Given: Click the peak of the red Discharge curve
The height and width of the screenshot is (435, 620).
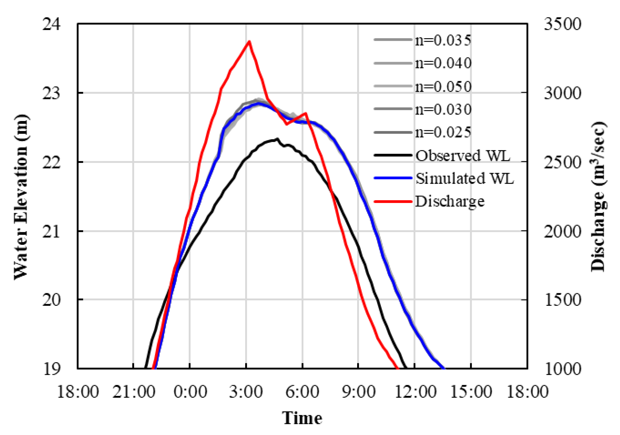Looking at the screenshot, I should pos(249,42).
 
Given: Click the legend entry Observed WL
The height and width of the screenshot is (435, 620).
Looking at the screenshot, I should pos(462,156).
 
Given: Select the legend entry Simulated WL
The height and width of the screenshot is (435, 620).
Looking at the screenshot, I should pos(464,178).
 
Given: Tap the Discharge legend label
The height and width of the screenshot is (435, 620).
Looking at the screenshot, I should pos(449,201).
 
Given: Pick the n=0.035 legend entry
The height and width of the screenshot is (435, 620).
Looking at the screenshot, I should pos(443,40).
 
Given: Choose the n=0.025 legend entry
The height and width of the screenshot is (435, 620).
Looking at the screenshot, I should pos(443,132).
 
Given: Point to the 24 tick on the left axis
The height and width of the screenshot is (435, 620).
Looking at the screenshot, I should pos(51,24).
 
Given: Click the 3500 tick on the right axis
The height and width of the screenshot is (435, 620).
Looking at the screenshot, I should pos(562,24).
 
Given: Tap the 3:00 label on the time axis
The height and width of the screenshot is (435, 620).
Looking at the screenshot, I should pos(246,392).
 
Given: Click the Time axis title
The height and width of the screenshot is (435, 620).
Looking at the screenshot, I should pos(302,418).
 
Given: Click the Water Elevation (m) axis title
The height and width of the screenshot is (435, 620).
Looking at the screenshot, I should pos(21,197).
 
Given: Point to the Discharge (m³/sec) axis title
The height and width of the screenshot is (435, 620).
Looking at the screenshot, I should pos(598,197).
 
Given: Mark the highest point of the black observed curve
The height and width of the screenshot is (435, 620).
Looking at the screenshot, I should pos(277,139).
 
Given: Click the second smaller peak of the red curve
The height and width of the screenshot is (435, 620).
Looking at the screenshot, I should pos(305,114).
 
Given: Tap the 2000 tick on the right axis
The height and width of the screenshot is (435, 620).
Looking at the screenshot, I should pos(562,232).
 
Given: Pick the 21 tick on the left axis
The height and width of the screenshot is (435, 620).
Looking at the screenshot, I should pos(51,232).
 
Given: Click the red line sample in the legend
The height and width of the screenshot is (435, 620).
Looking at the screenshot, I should pos(393,201).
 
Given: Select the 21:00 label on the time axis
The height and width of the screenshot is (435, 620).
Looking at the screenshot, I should pos(134,392).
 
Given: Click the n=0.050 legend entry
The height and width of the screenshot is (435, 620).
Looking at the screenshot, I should pos(443,86).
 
